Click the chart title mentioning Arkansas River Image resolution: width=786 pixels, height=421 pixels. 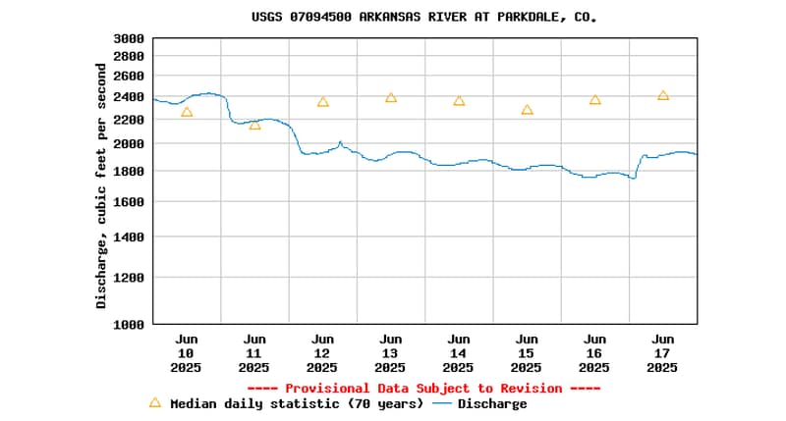point(424,17)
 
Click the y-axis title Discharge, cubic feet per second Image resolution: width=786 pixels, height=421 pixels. point(101,186)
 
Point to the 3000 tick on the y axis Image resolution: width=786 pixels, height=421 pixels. point(129,38)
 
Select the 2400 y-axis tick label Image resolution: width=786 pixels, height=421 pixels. point(129,96)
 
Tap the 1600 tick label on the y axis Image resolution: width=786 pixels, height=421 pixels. point(129,202)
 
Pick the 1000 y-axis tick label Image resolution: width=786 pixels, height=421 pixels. point(129,324)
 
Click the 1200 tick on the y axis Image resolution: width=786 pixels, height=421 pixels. point(129,277)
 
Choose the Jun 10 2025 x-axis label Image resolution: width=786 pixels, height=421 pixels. point(186,353)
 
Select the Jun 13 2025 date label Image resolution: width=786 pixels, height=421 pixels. point(390,353)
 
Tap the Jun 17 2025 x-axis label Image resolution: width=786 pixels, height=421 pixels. point(662,353)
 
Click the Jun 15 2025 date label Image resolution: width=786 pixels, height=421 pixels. point(527,353)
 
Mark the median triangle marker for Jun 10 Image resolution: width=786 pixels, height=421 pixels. point(187,112)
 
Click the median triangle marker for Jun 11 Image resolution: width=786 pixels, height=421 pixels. point(254,125)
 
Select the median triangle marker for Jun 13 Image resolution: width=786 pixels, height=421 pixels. point(391,97)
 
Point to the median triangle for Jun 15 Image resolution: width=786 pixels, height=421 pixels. point(527,110)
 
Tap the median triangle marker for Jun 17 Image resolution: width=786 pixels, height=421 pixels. point(663,95)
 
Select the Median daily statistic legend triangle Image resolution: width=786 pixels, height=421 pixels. point(154,402)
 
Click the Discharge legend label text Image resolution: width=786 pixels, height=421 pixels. point(492,403)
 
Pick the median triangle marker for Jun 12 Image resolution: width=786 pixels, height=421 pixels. point(322,101)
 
